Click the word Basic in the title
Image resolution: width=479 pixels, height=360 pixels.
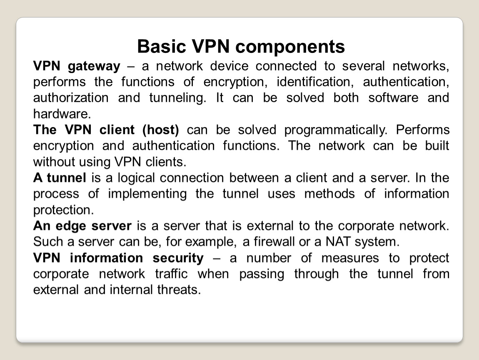(162, 46)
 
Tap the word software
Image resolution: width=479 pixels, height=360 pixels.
(393, 98)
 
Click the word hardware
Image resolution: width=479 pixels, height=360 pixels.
(62, 114)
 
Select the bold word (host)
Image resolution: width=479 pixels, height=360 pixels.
(161, 130)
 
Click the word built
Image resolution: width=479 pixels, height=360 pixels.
(437, 145)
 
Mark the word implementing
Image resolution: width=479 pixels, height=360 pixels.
(147, 194)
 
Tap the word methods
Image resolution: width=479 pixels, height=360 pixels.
(329, 194)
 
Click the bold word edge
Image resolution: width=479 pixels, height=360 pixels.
(71, 226)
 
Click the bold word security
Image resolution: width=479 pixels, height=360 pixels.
(178, 258)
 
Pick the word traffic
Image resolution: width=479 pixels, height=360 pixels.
(171, 274)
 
